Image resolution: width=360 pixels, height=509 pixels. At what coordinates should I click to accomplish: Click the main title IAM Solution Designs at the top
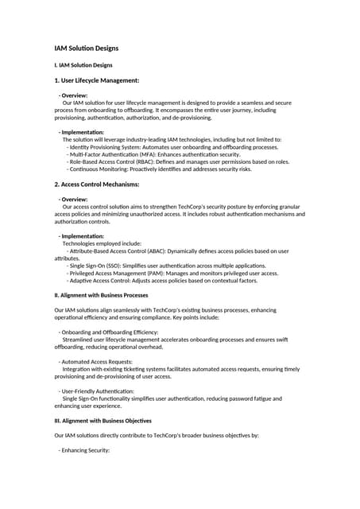86,49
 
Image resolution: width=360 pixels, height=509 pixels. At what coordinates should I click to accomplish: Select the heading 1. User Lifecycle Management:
97,80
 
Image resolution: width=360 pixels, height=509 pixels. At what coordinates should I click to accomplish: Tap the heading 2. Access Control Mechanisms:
97,184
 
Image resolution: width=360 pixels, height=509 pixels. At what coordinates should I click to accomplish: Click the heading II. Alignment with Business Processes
101,295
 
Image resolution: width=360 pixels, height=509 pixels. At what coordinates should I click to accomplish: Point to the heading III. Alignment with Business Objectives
103,420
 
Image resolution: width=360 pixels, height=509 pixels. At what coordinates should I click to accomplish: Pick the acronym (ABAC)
158,251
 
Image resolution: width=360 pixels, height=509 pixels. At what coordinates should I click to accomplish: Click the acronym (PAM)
168,273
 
